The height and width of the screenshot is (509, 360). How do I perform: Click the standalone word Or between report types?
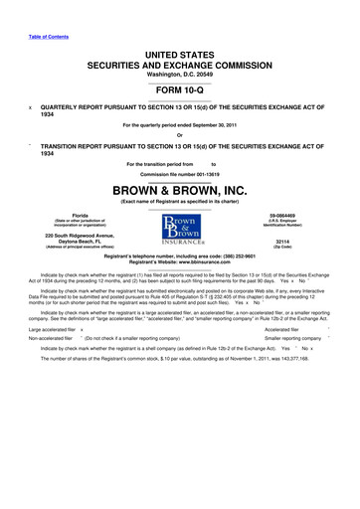179,136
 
